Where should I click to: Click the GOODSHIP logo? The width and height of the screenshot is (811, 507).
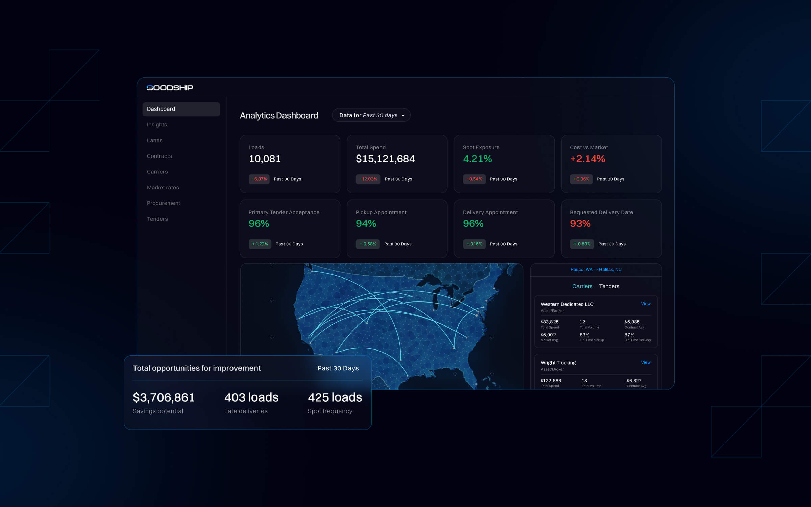(x=170, y=88)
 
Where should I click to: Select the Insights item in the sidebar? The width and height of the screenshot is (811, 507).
(x=157, y=125)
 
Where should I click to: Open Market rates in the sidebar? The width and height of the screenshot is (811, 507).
(x=163, y=188)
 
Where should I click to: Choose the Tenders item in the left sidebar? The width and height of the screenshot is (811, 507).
(x=157, y=219)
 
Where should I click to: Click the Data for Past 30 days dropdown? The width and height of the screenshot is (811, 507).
(x=371, y=115)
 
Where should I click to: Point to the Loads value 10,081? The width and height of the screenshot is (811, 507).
(x=265, y=159)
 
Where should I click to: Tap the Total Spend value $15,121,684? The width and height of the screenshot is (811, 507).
(x=385, y=159)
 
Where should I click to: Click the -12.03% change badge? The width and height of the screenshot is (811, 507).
(x=368, y=179)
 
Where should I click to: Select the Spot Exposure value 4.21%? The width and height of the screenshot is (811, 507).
(x=477, y=159)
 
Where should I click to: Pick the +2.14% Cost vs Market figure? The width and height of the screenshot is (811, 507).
(x=588, y=159)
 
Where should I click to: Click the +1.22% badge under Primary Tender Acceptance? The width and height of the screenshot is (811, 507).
(x=260, y=244)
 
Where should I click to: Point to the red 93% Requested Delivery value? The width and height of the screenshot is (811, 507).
(x=580, y=224)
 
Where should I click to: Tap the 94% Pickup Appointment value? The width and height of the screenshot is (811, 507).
(x=366, y=224)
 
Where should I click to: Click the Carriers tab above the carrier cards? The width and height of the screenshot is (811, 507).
(x=582, y=286)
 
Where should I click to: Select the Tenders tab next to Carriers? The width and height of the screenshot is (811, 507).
(x=609, y=286)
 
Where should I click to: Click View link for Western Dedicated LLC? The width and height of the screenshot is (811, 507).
(x=646, y=304)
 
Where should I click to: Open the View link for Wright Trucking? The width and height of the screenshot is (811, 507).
(x=646, y=362)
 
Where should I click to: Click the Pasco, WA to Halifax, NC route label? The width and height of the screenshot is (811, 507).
(x=596, y=269)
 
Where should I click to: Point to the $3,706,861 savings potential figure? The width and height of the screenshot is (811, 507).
(x=164, y=397)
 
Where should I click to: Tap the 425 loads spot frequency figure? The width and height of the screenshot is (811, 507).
(x=335, y=397)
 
